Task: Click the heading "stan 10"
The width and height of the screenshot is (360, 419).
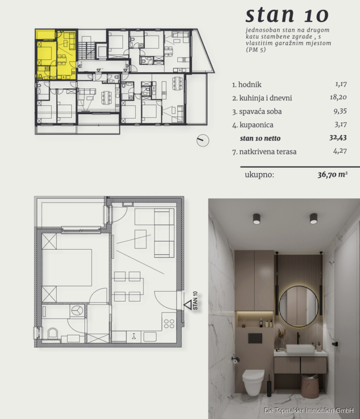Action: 287,15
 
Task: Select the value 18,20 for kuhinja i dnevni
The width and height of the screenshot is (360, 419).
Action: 338,97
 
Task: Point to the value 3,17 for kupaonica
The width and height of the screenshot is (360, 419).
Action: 340,124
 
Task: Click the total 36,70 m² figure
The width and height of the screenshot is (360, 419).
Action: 333,175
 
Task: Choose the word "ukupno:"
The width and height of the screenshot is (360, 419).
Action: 259,175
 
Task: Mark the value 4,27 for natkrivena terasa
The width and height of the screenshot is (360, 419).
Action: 340,151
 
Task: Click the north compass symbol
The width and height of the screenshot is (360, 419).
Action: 203,140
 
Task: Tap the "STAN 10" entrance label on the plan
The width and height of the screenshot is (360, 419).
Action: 195,300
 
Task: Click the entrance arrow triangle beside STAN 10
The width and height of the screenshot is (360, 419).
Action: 188,304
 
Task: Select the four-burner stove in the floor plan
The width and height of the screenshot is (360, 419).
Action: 169,324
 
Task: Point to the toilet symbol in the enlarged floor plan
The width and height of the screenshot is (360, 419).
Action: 53,333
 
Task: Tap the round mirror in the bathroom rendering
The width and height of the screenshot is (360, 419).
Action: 299,306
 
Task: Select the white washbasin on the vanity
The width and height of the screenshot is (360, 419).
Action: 300,349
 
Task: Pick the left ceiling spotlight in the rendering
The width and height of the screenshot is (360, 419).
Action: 257,219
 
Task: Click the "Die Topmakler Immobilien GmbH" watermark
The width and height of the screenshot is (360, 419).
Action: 309,410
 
